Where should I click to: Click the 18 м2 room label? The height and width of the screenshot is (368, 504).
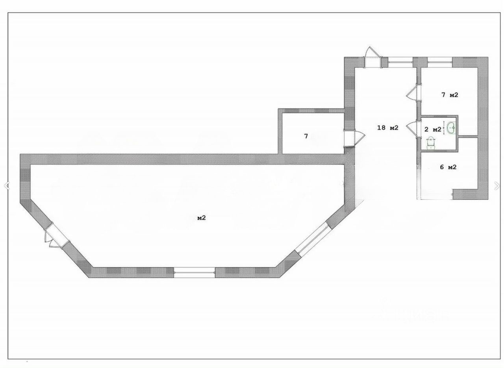pyautogui.click(x=388, y=128)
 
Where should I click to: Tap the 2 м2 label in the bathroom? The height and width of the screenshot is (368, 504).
pyautogui.click(x=432, y=129)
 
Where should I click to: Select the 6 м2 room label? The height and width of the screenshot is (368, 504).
pyautogui.click(x=448, y=167)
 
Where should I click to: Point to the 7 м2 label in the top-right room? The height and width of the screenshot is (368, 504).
pyautogui.click(x=450, y=95)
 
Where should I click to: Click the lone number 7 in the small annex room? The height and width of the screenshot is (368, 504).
pyautogui.click(x=306, y=137)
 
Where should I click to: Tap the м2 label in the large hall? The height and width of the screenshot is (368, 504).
pyautogui.click(x=201, y=218)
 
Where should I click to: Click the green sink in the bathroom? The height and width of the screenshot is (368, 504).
pyautogui.click(x=452, y=128)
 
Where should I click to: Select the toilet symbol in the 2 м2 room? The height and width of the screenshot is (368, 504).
pyautogui.click(x=431, y=143)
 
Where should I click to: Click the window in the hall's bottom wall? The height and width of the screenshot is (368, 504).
pyautogui.click(x=195, y=272)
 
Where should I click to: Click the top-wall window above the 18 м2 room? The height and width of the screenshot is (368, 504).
pyautogui.click(x=400, y=61)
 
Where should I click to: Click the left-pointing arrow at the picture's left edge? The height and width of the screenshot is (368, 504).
pyautogui.click(x=6, y=186)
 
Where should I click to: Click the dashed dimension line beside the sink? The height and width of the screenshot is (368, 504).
pyautogui.click(x=444, y=128)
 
